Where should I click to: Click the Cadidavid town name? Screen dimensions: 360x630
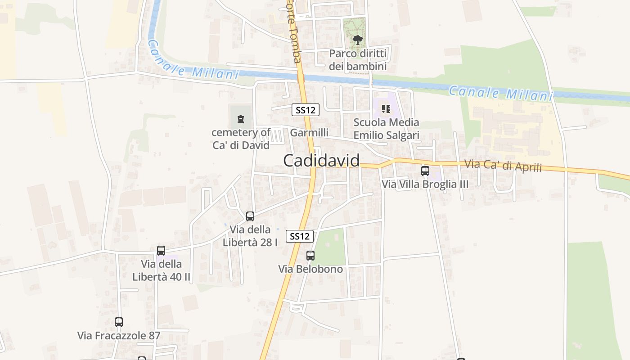(x=321, y=161)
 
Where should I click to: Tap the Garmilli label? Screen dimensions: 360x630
(x=309, y=133)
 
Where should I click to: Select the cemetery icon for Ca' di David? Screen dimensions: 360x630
(x=241, y=119)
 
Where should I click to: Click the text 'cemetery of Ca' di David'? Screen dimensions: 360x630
(x=241, y=139)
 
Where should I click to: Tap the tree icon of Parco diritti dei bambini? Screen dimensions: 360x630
(x=358, y=40)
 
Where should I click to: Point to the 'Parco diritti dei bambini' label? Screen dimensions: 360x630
(x=358, y=60)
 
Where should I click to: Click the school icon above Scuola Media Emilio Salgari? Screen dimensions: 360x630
(x=386, y=108)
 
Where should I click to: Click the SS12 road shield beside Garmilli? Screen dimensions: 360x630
(x=306, y=110)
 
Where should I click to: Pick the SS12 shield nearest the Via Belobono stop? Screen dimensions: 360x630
(x=300, y=236)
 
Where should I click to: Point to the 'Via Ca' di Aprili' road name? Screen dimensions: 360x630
(x=502, y=165)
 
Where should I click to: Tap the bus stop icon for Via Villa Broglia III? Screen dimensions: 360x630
(x=425, y=171)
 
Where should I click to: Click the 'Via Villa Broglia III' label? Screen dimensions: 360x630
(x=425, y=184)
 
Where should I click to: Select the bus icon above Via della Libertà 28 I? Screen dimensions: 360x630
(x=250, y=216)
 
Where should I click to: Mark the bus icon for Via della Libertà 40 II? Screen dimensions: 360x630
(x=161, y=251)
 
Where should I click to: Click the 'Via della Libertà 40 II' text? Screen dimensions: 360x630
(x=162, y=270)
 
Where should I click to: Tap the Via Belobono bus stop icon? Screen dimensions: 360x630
(x=310, y=256)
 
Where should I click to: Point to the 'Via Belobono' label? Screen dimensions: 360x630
(x=310, y=269)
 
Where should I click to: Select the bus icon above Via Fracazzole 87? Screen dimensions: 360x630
(x=119, y=322)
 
